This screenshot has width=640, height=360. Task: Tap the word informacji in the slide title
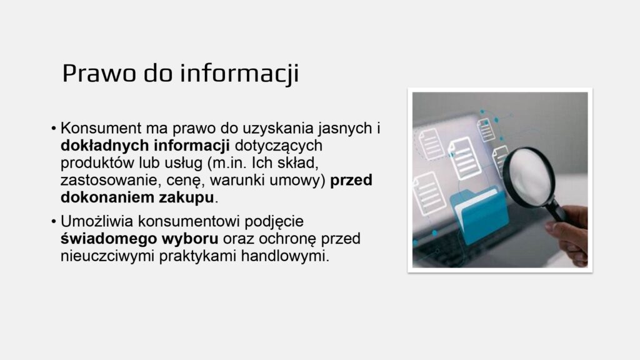click(239, 74)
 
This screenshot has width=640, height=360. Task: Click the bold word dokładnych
click(104, 145)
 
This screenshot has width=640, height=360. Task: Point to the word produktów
click(97, 163)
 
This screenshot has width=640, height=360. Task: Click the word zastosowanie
click(111, 180)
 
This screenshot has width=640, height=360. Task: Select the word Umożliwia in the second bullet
click(97, 221)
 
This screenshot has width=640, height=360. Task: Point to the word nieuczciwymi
click(107, 256)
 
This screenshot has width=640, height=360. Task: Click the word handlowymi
click(285, 256)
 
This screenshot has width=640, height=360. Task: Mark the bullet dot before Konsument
click(54, 129)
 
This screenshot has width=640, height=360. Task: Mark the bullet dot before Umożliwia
click(54, 222)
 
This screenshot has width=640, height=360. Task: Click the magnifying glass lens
click(529, 177)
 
